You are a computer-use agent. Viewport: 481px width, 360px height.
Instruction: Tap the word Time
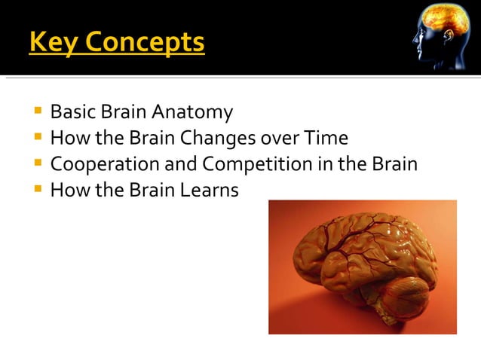coord(326,139)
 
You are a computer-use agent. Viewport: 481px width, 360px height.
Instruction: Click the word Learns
coord(210,191)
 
